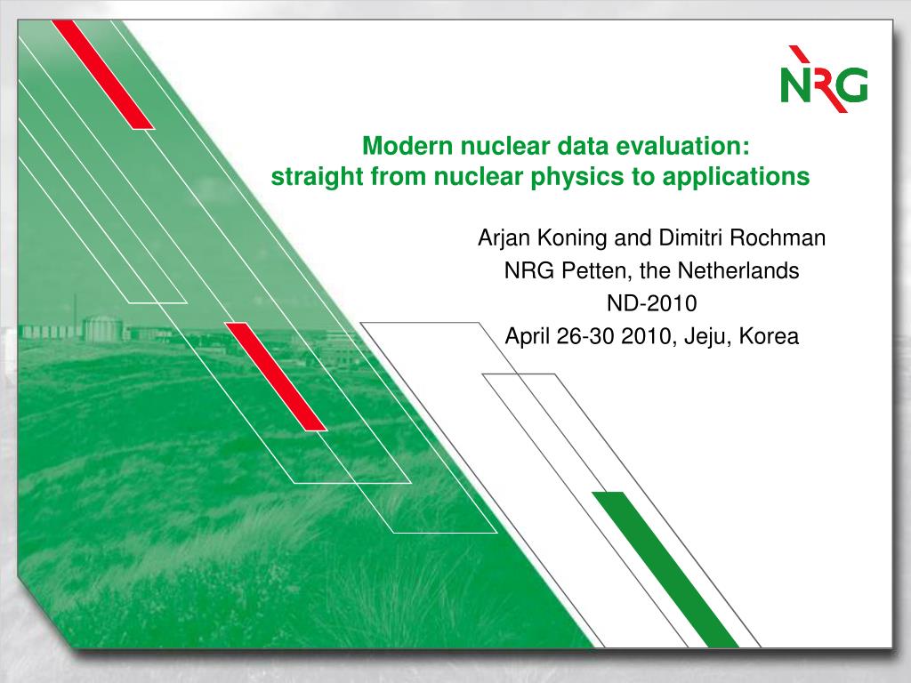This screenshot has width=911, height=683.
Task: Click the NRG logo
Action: pos(825,79)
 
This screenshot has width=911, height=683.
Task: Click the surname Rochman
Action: pos(778,237)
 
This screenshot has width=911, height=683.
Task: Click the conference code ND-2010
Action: pos(652,303)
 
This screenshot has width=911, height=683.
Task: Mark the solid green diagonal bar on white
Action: pos(665,569)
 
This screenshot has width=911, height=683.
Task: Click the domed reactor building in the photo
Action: pos(103,329)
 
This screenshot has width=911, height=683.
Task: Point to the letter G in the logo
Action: pos(851,84)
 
